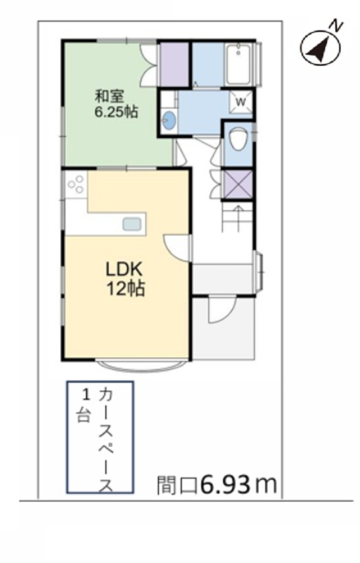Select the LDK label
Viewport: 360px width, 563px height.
[124, 269]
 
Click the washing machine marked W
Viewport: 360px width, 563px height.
[240, 102]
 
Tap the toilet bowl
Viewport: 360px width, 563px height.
[238, 139]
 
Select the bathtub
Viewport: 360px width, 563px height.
[238, 64]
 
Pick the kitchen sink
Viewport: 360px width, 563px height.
[131, 224]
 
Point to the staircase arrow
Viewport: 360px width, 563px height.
[238, 217]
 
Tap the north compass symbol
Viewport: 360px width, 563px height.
[320, 48]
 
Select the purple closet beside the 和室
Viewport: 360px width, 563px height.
[175, 64]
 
